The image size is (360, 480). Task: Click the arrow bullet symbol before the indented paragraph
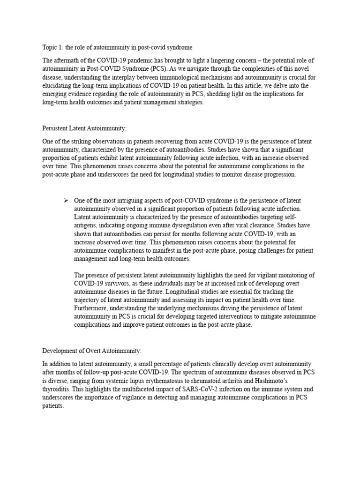[66, 200]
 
